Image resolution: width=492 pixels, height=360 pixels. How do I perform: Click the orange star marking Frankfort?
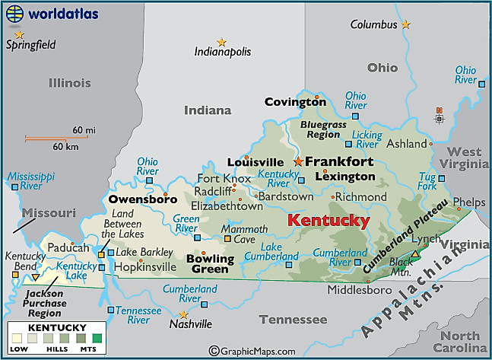(298, 161)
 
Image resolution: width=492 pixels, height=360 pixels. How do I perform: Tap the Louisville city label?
(255, 162)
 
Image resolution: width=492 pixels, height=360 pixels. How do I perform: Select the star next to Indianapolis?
(221, 42)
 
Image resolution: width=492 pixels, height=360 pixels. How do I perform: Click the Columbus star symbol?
(405, 24)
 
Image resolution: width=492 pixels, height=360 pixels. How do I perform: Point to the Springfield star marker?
(19, 34)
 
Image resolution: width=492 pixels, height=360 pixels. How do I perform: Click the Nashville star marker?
(183, 314)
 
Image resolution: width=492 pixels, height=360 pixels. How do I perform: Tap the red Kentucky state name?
(329, 221)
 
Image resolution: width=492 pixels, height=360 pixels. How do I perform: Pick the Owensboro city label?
(142, 199)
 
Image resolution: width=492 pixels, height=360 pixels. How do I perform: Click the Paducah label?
(68, 248)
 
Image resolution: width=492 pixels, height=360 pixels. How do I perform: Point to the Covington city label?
(295, 102)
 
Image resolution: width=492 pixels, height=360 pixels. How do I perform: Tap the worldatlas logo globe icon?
(16, 13)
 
